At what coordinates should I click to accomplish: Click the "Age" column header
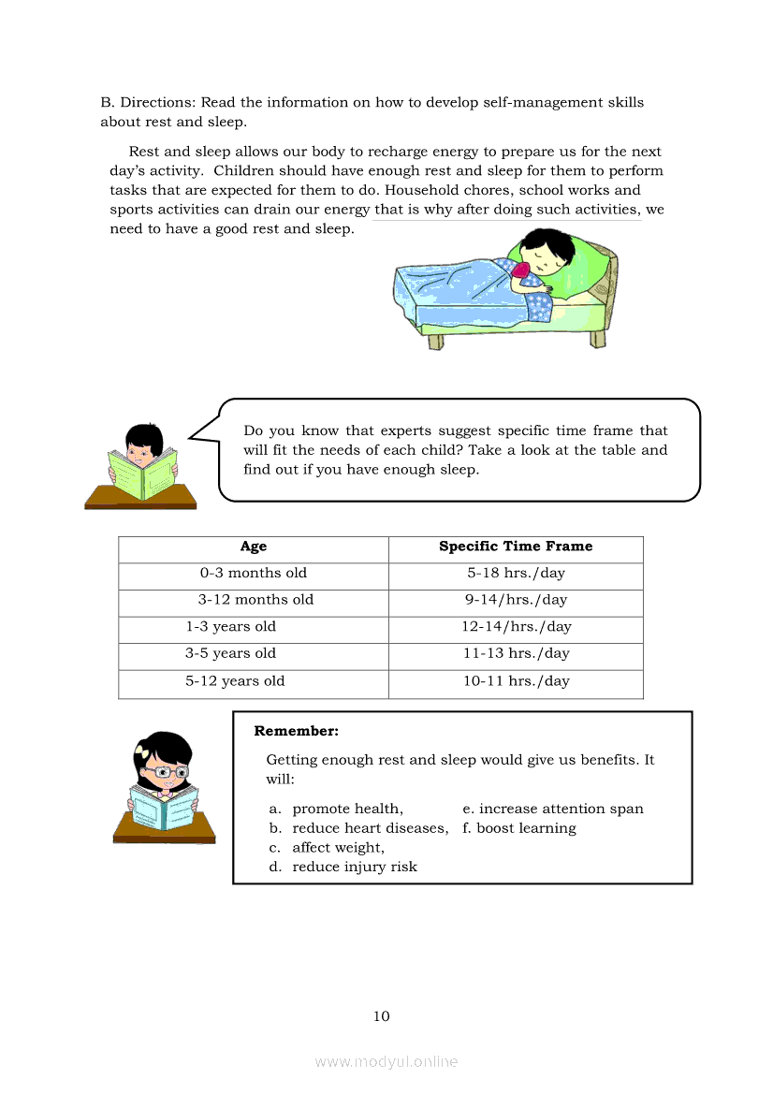pos(253,547)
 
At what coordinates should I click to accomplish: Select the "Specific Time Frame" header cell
pos(516,547)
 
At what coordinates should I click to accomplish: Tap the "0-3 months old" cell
pos(253,573)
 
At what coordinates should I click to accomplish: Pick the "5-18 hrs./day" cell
pos(516,573)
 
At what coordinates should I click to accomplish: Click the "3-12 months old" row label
pos(255,600)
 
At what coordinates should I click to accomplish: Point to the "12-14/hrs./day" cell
pos(516,627)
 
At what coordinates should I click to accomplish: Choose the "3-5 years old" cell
pos(230,653)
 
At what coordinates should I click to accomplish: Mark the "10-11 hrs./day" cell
pos(516,681)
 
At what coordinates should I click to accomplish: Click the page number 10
pos(381,1016)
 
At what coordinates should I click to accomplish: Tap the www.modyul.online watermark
pos(386,1062)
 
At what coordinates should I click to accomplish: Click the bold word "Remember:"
pos(296,731)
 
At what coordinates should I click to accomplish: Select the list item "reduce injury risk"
pos(355,867)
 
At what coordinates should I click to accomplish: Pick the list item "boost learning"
pos(526,828)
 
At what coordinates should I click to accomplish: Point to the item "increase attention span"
pos(561,809)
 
